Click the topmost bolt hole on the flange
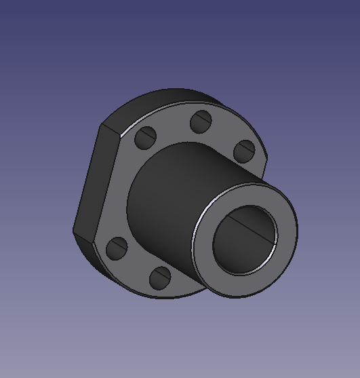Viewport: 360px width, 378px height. (x=201, y=122)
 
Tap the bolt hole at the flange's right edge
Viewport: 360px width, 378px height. (x=245, y=150)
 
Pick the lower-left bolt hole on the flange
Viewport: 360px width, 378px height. (x=117, y=248)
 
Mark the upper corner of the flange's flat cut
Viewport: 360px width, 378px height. (x=102, y=124)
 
